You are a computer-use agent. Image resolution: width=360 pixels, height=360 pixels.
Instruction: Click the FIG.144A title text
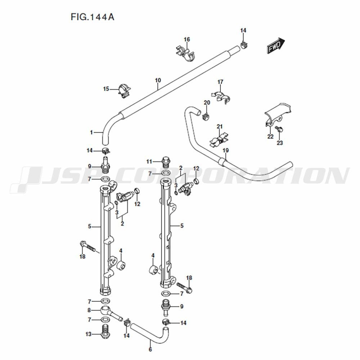click(x=92, y=17)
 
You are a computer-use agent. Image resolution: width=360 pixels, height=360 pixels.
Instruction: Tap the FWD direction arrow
click(x=275, y=45)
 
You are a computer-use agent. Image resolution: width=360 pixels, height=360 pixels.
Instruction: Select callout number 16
click(x=187, y=40)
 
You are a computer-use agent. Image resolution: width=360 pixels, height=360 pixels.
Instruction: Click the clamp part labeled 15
click(x=124, y=91)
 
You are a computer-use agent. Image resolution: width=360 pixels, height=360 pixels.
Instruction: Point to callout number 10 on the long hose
click(x=158, y=80)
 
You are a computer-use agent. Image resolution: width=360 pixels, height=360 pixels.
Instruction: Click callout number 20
click(x=207, y=102)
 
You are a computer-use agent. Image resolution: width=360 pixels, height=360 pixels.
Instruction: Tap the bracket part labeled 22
click(x=277, y=114)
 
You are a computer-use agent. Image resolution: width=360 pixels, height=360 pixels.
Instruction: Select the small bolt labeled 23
click(x=280, y=129)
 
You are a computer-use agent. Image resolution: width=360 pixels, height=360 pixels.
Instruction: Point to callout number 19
click(x=226, y=150)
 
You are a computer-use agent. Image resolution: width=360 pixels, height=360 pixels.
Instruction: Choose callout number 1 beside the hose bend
click(x=91, y=132)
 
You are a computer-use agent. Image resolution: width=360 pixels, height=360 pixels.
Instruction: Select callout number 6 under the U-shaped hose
click(x=150, y=350)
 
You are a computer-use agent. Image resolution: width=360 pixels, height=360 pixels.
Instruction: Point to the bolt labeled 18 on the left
click(x=88, y=247)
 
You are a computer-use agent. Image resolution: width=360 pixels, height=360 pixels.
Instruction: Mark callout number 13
click(x=89, y=334)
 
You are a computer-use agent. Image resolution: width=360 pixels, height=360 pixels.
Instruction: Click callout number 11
click(x=149, y=162)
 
